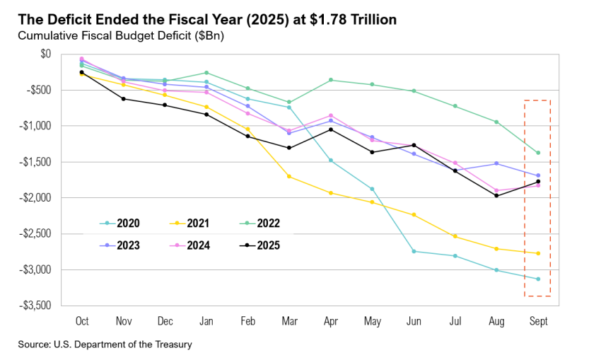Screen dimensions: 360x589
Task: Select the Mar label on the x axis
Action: [x=288, y=321]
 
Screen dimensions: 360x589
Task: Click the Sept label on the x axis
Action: [x=538, y=321]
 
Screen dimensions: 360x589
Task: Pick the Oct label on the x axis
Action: [x=81, y=321]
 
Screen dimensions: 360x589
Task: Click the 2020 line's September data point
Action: [x=538, y=279]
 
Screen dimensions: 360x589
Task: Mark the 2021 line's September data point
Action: [x=538, y=253]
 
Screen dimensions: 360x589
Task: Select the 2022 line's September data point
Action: [x=538, y=153]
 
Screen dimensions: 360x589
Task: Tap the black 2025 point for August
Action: [x=496, y=195]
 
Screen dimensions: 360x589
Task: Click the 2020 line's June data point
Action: [x=414, y=251]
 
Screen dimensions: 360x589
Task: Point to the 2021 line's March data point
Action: [x=288, y=176]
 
